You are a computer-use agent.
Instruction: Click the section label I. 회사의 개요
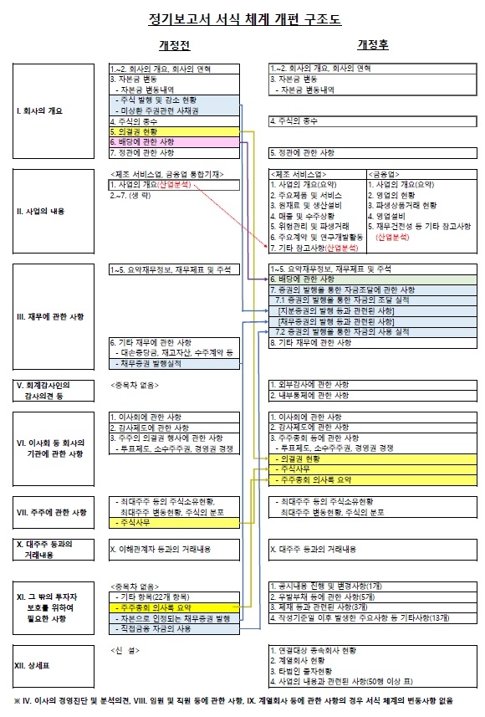38,110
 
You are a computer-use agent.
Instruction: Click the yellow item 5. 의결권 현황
137,132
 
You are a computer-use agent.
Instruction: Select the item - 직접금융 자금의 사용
159,627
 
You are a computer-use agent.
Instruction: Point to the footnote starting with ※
234,700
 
